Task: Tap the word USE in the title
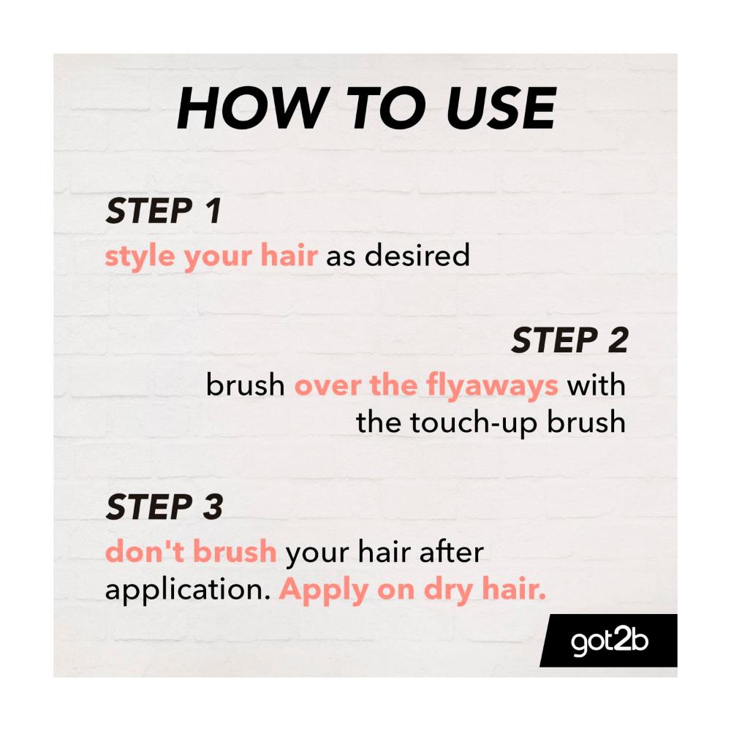coord(501,108)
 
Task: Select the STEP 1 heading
coord(164,211)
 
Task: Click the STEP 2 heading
coord(569,340)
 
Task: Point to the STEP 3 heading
coord(164,507)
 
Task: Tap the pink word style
coord(140,257)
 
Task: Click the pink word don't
coord(145,551)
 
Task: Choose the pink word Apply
coord(324,590)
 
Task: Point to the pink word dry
coord(448,590)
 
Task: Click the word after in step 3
coord(452,551)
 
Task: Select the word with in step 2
coord(596,385)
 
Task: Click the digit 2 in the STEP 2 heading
coord(618,340)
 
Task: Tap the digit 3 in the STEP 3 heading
coord(213,507)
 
